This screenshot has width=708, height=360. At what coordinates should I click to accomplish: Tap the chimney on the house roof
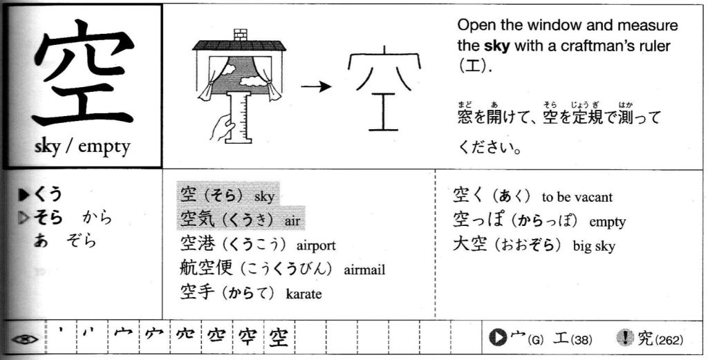click(241, 34)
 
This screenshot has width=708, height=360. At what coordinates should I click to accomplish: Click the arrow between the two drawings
click(317, 86)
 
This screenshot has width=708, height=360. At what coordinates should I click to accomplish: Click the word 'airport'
click(316, 246)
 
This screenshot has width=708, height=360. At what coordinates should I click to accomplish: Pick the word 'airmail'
click(364, 270)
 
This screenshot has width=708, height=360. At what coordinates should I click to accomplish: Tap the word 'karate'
click(304, 294)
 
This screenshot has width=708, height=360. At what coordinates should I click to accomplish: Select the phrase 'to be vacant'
click(577, 198)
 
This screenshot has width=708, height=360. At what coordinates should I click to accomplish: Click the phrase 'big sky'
click(594, 247)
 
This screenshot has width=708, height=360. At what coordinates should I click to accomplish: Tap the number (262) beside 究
click(669, 340)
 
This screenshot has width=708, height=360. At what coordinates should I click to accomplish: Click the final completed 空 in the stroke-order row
click(278, 338)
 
